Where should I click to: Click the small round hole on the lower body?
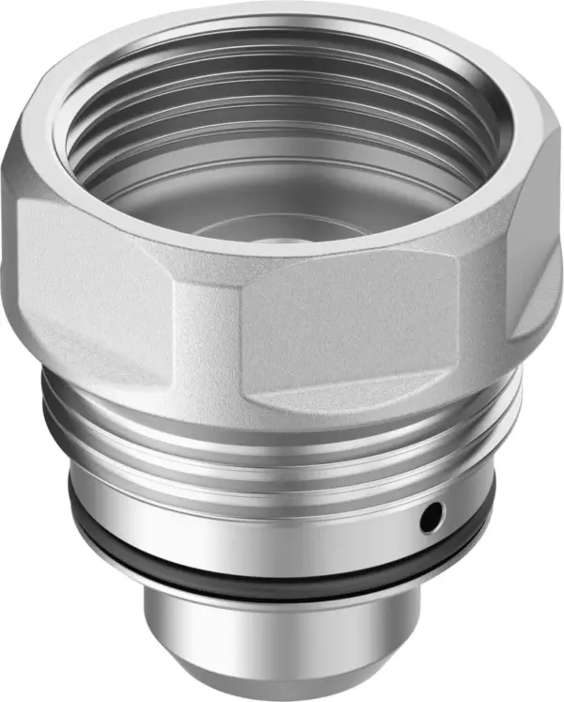[x=431, y=514]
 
